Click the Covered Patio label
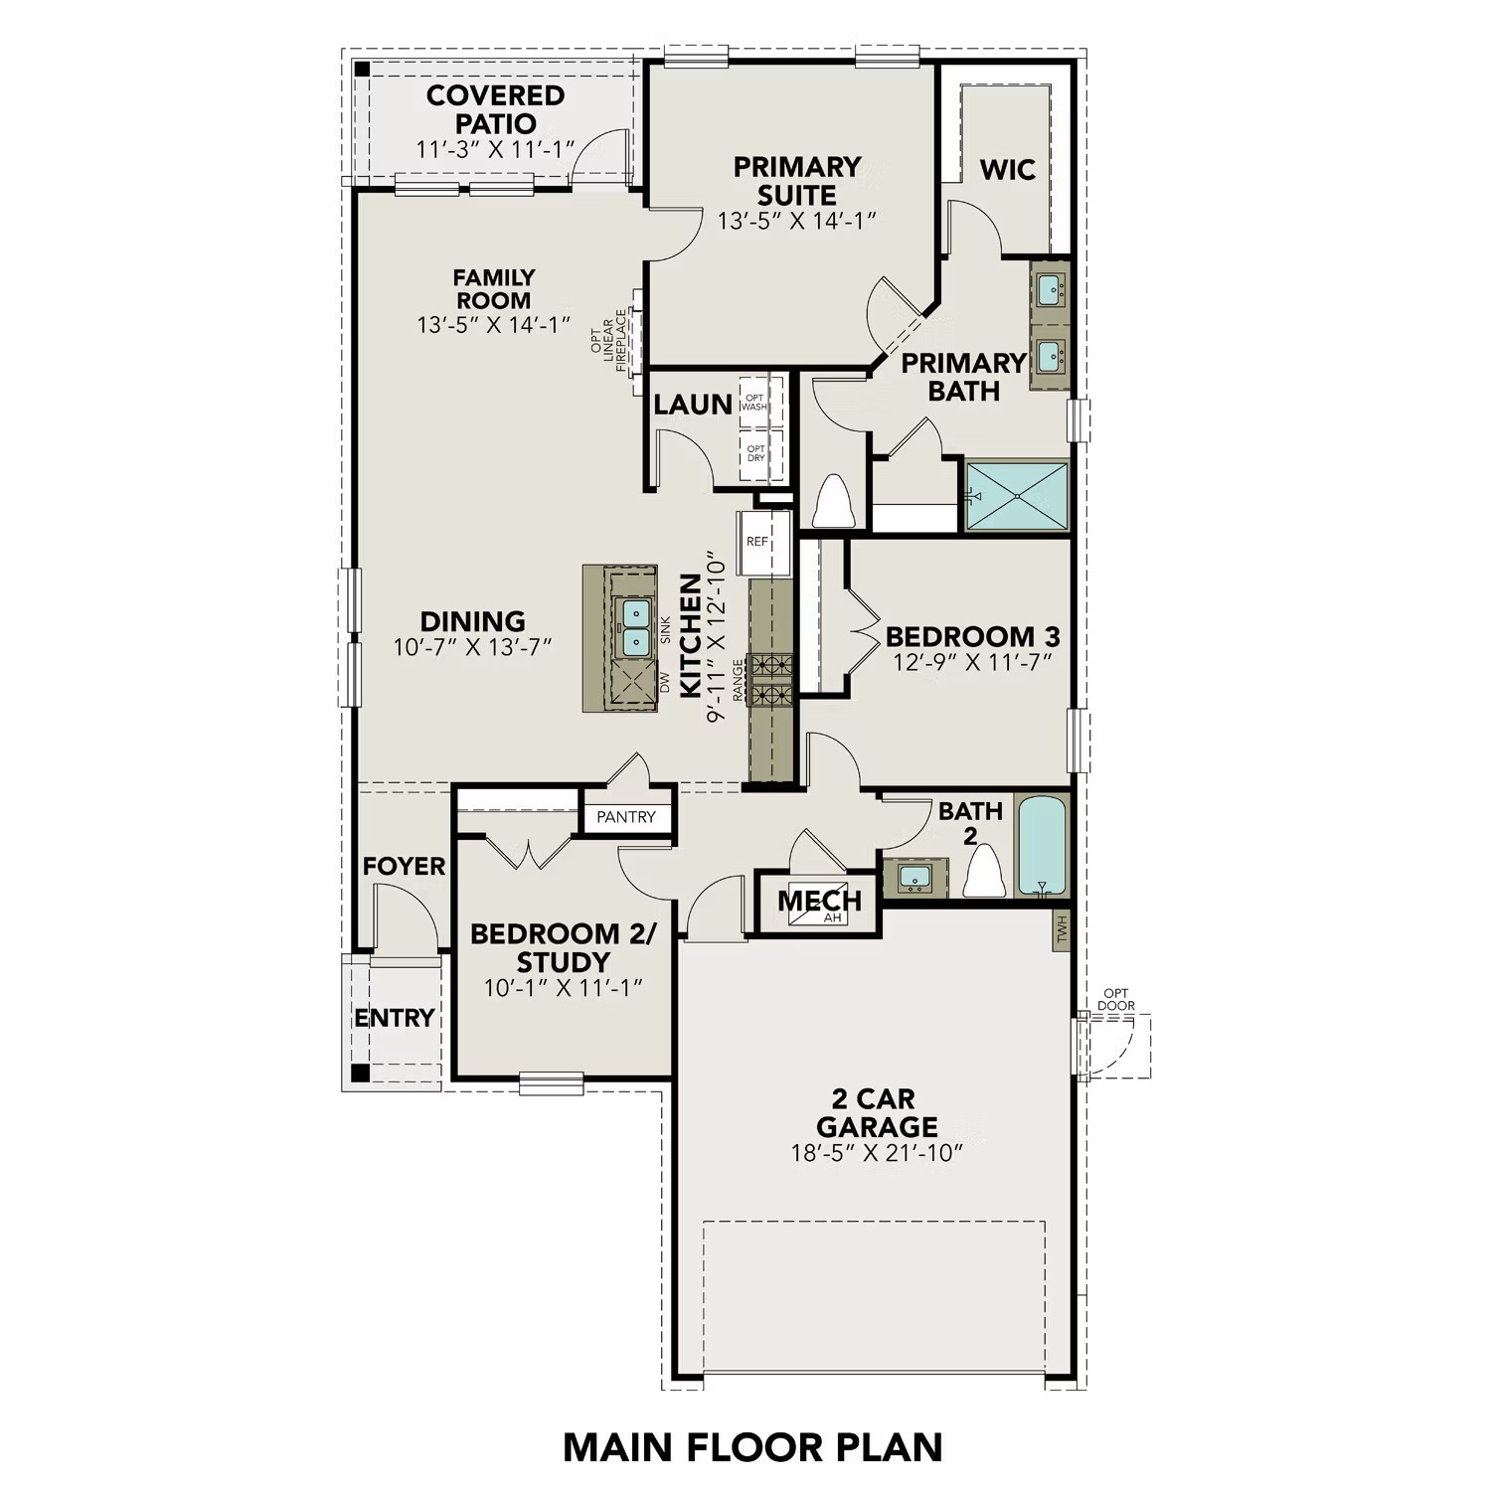pyautogui.click(x=495, y=109)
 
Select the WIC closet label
pyautogui.click(x=1007, y=170)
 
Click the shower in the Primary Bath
pyautogui.click(x=1017, y=495)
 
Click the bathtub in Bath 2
pyautogui.click(x=1042, y=845)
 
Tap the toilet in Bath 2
pyautogui.click(x=984, y=873)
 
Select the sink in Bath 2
pyautogui.click(x=914, y=878)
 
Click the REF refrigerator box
pyautogui.click(x=762, y=542)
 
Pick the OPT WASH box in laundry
pyautogui.click(x=754, y=403)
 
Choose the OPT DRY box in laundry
pyautogui.click(x=755, y=454)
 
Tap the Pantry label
pyautogui.click(x=626, y=817)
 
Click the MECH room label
pyautogui.click(x=819, y=902)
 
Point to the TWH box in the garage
pyautogui.click(x=1062, y=930)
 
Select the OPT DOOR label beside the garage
pyautogui.click(x=1115, y=999)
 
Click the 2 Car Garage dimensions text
pyautogui.click(x=878, y=1154)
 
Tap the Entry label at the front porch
pyautogui.click(x=395, y=1018)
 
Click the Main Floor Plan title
pyautogui.click(x=752, y=1447)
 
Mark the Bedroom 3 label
pyautogui.click(x=972, y=636)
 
